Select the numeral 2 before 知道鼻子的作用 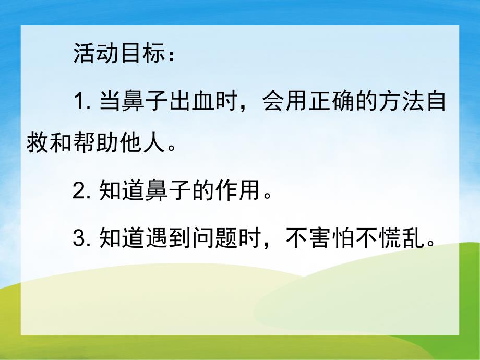point(80,192)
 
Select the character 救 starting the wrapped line point(38,142)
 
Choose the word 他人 point(148,142)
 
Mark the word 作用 point(245,192)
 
